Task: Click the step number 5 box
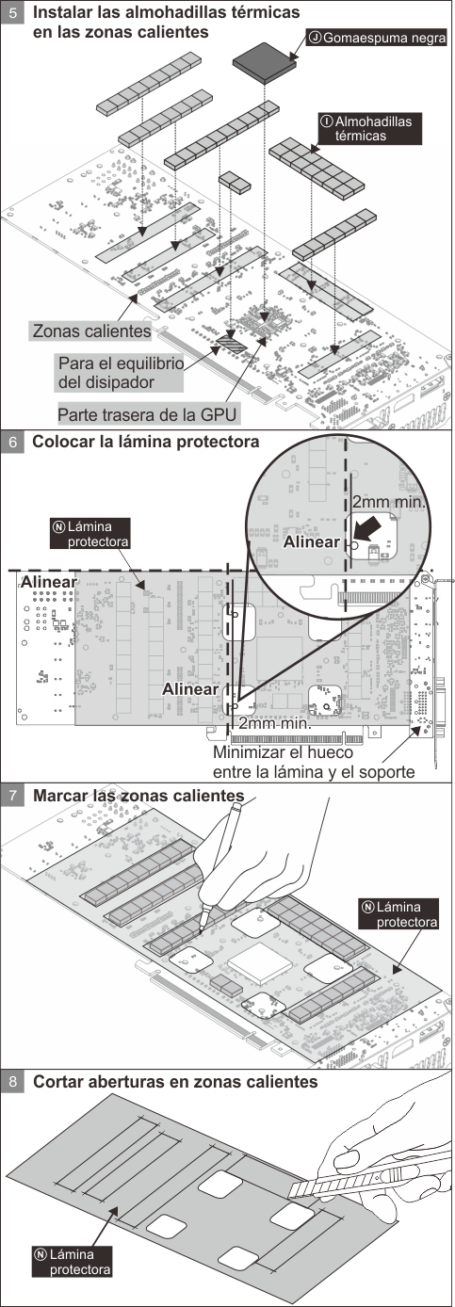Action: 13,12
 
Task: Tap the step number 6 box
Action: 13,442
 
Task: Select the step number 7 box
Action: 13,795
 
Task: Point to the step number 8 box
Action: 13,1082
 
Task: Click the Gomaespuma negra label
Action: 377,39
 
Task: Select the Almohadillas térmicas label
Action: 369,128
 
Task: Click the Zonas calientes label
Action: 91,331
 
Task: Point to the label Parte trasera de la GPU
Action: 147,415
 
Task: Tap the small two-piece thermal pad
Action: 235,182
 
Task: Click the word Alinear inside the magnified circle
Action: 311,542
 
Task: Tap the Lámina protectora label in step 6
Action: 89,534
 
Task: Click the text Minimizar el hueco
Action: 283,752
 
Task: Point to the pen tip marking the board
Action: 201,930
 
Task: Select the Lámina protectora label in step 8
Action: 73,1262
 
